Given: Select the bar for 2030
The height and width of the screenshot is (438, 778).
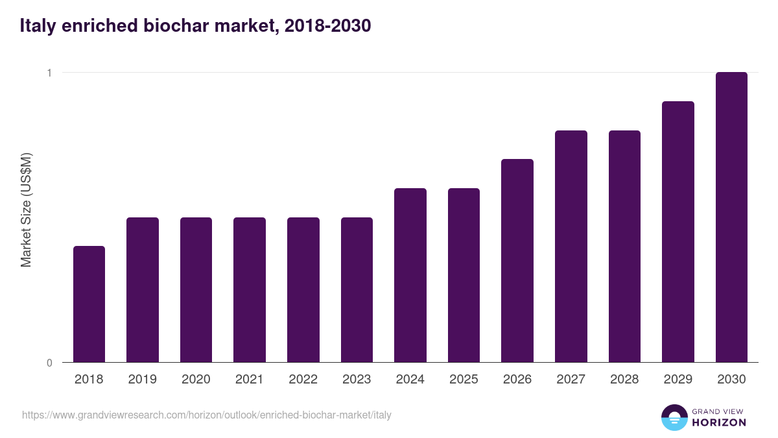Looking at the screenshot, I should (731, 217).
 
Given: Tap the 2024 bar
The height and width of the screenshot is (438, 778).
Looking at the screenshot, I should (410, 275).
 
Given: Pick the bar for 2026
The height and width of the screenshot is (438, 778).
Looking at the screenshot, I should (517, 260).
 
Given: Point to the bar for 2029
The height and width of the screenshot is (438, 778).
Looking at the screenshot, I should (678, 232).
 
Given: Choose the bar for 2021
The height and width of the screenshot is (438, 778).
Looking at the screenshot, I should (250, 289).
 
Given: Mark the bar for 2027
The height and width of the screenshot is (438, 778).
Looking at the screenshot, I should (571, 246).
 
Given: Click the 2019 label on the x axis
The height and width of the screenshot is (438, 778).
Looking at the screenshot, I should (142, 380).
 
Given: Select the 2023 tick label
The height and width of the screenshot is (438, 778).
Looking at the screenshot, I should (357, 380).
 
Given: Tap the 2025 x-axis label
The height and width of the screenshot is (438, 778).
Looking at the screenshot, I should (464, 380).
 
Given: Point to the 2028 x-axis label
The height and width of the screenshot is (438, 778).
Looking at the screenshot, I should (624, 380).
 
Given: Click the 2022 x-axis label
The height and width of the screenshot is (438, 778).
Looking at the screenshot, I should (303, 380).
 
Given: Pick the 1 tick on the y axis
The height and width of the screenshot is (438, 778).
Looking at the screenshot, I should (49, 73).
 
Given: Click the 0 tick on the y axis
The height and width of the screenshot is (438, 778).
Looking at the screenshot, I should (49, 363).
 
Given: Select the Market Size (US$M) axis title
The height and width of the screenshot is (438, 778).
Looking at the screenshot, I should (26, 210).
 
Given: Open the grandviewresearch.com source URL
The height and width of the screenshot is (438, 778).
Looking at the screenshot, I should (207, 415).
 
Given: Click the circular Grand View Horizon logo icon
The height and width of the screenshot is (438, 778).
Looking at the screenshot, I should (674, 417).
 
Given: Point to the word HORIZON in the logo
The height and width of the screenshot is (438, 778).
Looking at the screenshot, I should (720, 422).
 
